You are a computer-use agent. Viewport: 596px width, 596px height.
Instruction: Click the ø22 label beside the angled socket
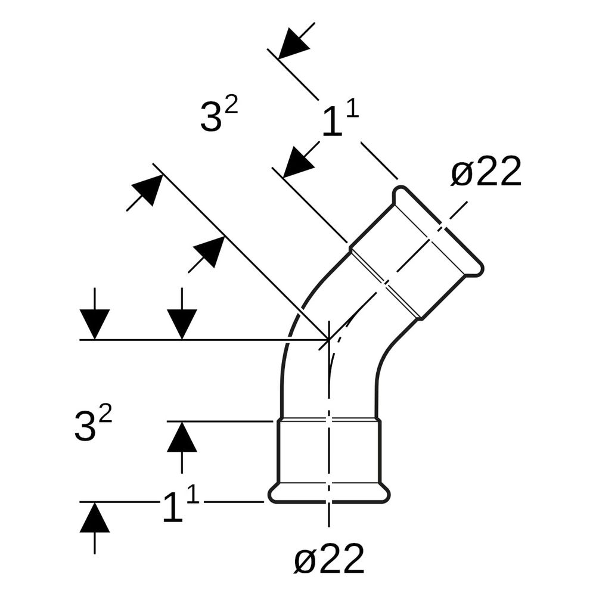pos(486,172)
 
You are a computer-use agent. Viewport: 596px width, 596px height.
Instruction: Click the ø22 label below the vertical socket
pos(329,559)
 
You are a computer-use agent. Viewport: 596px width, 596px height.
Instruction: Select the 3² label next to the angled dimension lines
pos(219,115)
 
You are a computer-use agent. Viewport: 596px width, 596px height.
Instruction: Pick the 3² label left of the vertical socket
pos(93,424)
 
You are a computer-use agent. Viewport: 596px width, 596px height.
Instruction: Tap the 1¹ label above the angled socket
pos(340,119)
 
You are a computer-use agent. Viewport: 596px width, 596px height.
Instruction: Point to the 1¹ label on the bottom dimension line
pos(181,504)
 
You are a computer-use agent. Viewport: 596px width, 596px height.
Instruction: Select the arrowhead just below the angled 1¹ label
pos(300,162)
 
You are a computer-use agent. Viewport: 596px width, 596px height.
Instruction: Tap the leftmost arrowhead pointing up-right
pos(147,190)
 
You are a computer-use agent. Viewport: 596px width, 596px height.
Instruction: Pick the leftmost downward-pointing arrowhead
pos(95,324)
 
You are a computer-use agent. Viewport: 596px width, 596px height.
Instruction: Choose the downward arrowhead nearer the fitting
pos(182,324)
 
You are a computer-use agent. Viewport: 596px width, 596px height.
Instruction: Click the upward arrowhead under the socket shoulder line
pos(182,437)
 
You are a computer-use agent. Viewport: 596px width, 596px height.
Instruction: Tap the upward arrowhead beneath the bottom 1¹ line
pos(95,517)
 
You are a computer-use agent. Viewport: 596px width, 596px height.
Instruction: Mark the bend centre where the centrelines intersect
pos(329,339)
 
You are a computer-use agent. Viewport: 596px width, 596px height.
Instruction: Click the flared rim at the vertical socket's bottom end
pos(329,493)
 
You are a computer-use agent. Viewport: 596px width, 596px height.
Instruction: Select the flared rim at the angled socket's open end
pos(438,230)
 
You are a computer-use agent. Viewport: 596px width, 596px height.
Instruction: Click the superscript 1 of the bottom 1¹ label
pos(193,495)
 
